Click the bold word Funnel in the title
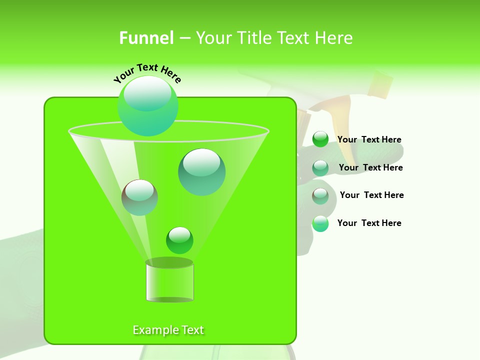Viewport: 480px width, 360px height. pos(146,37)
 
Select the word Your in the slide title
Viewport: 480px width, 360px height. pos(213,37)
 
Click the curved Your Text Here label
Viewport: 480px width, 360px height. pos(147,72)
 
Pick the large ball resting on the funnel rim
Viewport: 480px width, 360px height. pos(148,106)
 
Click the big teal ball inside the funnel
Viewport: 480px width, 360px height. pos(202,172)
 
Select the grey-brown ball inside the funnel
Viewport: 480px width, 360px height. pos(139,197)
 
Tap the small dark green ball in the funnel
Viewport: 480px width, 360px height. pos(179,240)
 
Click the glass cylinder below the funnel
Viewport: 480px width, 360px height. pos(169,281)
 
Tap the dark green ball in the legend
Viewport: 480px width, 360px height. pos(320,139)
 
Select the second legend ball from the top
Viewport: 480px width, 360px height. pos(320,167)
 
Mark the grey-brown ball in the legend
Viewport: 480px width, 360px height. pos(320,195)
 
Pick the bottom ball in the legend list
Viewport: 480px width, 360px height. pos(320,223)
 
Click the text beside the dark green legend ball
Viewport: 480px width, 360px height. pos(369,139)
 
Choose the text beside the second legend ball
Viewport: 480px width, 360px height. pos(370,167)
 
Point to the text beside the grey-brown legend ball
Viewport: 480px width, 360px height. pos(371,195)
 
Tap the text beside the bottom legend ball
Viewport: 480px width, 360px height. pos(369,223)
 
